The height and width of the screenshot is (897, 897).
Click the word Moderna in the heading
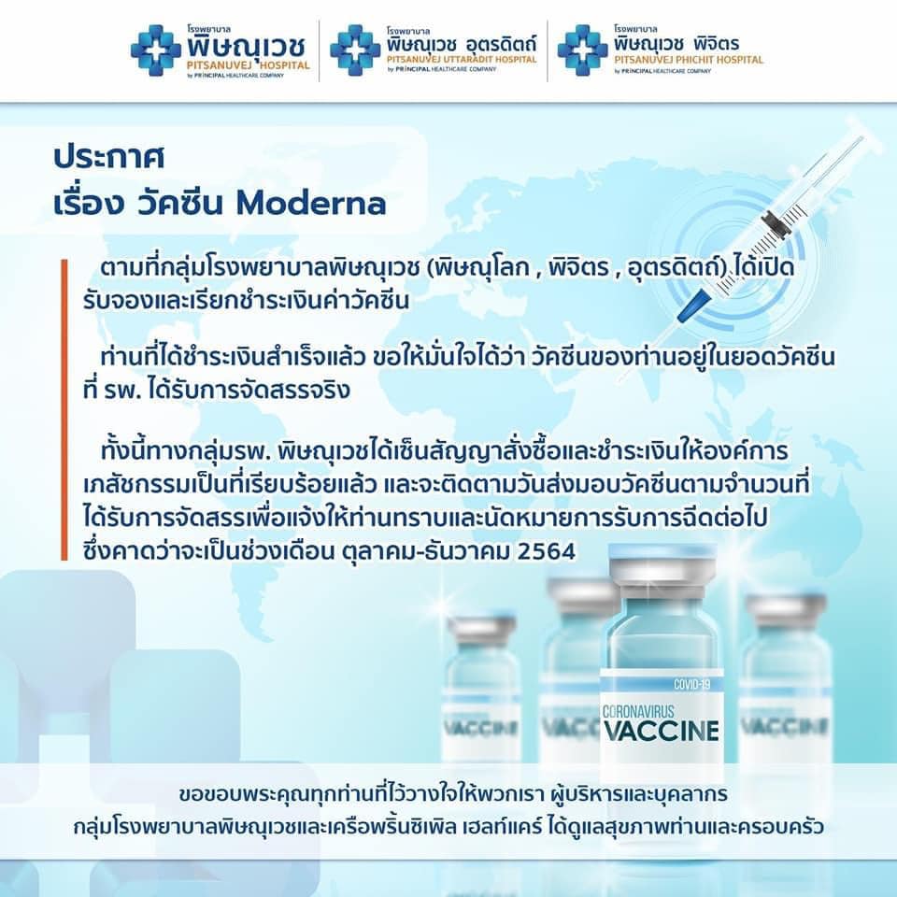point(310,203)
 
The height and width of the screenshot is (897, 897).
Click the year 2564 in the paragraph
point(546,551)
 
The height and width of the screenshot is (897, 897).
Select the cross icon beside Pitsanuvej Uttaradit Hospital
point(355,50)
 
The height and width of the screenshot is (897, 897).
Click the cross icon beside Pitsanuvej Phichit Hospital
point(582,50)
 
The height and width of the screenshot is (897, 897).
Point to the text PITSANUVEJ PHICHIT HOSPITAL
point(689,60)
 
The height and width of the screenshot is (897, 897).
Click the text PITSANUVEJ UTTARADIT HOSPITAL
point(462,60)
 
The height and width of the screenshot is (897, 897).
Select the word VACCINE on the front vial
point(662,731)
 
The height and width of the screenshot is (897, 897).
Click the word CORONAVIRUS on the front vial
point(638,712)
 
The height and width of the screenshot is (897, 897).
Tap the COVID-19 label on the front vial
point(691,684)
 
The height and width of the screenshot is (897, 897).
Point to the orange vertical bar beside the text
point(64,409)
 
